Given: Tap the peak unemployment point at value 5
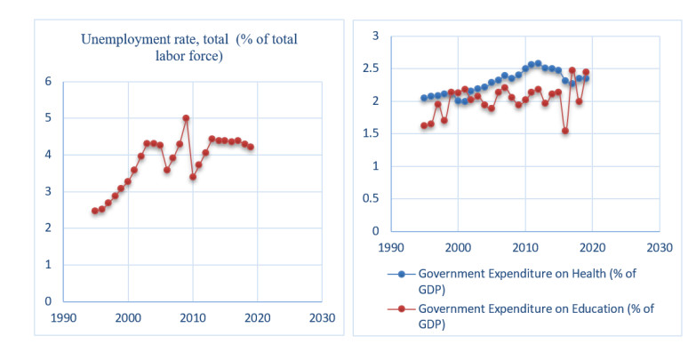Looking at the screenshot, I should click(186, 118).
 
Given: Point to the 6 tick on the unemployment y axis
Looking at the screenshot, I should click(48, 82).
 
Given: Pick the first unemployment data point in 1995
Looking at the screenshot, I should click(95, 211).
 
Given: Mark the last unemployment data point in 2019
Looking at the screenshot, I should click(251, 147).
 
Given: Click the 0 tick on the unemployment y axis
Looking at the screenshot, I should click(48, 301).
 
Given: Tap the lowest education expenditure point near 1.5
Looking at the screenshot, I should click(565, 131).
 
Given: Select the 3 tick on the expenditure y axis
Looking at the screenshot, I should click(375, 36).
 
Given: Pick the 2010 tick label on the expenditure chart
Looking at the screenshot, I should click(524, 246).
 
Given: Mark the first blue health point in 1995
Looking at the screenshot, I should click(424, 98).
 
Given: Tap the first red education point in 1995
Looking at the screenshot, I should click(424, 125).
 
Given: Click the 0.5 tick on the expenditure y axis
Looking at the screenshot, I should click(371, 198).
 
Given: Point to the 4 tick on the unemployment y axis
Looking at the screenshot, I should click(48, 155).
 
